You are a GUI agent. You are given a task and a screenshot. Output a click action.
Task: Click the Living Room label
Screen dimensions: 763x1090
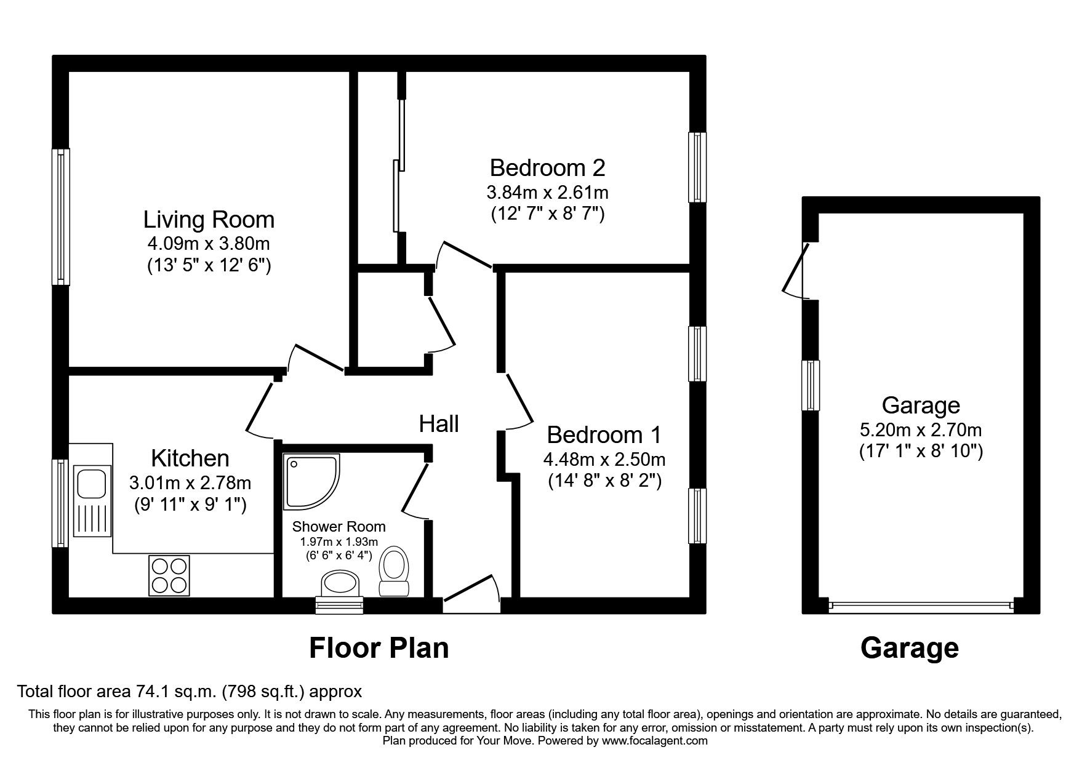coord(209,220)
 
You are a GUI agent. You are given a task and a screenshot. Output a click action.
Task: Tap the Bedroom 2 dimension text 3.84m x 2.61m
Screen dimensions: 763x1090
coord(547,193)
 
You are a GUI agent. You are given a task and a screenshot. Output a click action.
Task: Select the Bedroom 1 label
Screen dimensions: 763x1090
coord(603,435)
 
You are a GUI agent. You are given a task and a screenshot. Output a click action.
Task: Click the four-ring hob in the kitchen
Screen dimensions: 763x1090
coord(169,575)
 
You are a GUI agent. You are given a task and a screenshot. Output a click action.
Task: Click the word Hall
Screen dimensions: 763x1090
coord(439,424)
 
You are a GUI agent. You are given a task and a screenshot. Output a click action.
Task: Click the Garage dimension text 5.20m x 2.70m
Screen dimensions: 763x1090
coord(920,429)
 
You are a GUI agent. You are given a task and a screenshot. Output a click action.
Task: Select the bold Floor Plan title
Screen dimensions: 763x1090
coord(379,648)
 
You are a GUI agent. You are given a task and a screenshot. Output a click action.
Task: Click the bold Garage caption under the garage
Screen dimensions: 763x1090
coord(909,648)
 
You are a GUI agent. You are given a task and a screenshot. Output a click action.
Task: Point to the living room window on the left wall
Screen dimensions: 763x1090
coord(60,217)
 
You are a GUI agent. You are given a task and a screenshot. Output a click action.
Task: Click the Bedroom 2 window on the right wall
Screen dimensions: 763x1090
coord(697,167)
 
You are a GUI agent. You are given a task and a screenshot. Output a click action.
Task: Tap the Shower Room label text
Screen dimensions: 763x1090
coord(339,527)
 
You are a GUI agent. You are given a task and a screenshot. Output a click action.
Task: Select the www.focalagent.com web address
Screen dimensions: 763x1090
coord(654,741)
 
